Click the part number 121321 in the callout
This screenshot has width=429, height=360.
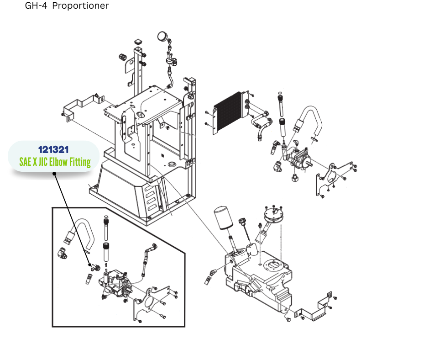54,149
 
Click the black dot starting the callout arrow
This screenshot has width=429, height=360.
54,174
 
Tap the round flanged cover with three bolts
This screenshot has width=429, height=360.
273,216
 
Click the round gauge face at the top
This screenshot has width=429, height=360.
162,36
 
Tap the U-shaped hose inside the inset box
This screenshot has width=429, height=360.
81,228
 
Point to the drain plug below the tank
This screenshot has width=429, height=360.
288,321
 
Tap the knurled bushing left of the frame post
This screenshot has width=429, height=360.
122,57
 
